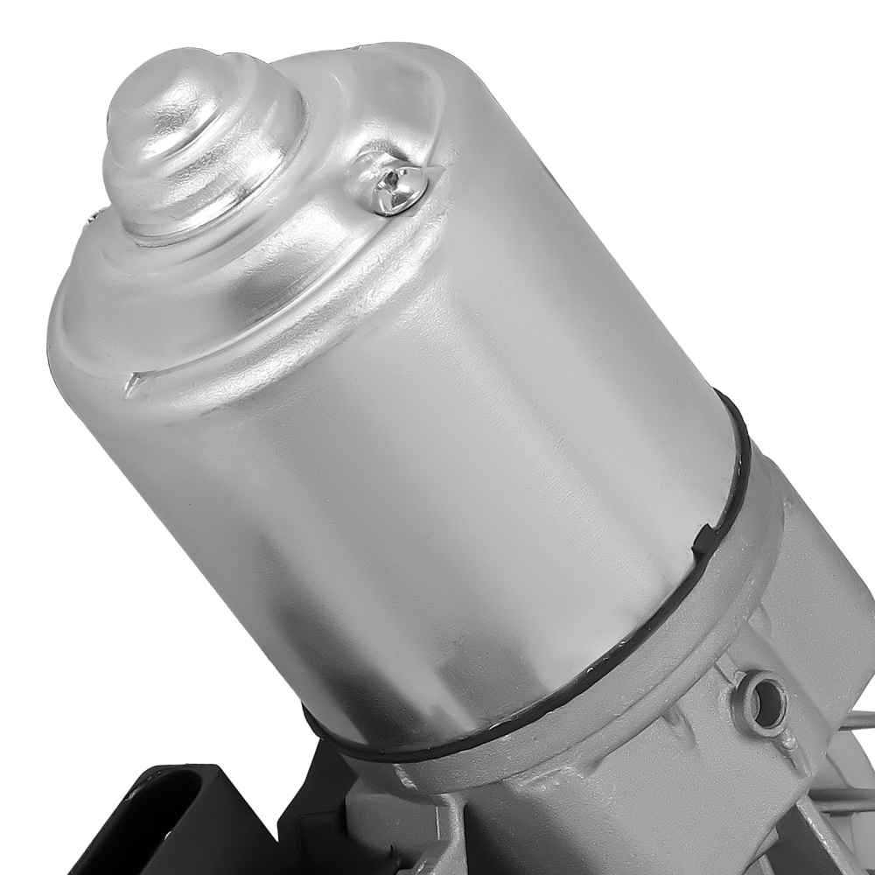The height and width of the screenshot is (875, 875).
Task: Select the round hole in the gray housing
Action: click(758, 690)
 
